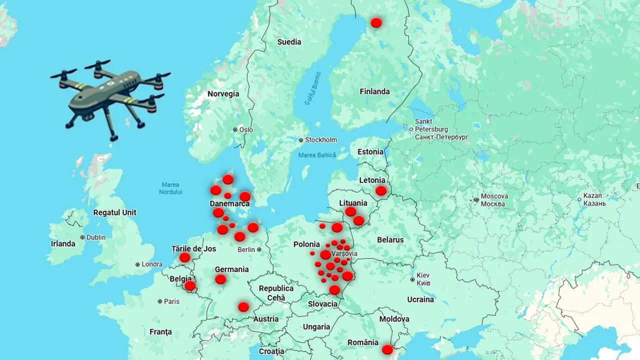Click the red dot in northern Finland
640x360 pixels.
[x=376, y=22]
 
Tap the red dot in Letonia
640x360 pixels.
[x=381, y=190]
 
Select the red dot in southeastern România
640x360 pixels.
[x=387, y=349]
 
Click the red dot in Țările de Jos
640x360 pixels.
[x=185, y=257]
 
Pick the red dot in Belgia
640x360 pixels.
[x=190, y=285]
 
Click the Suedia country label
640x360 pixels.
[x=289, y=42]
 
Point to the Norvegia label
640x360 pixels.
[x=223, y=94]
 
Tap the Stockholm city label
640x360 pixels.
[x=320, y=140]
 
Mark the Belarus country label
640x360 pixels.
[x=390, y=240]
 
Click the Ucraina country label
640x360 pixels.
[x=420, y=299]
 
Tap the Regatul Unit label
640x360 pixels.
[x=114, y=212]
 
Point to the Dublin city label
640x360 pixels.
[x=95, y=237]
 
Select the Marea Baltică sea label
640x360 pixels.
[x=317, y=155]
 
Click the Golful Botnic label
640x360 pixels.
[x=312, y=89]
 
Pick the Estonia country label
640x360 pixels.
[x=370, y=152]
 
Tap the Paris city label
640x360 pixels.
[x=171, y=301]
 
